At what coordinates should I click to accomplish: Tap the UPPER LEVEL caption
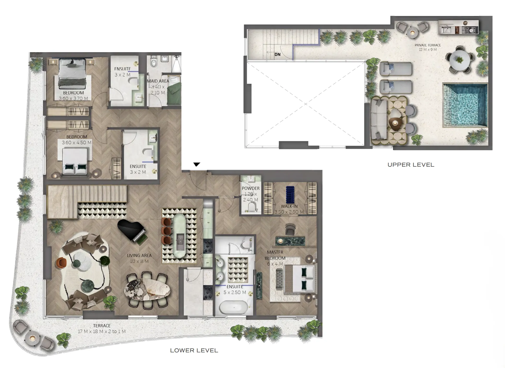coord(411,165)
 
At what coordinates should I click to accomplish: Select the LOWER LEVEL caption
coord(194,351)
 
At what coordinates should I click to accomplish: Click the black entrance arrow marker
coord(197,164)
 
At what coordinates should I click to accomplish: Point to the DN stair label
coord(277,55)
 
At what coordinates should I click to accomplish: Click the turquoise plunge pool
coord(465,105)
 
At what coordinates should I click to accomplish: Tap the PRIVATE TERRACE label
coord(427,45)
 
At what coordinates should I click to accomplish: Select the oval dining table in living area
coord(147,289)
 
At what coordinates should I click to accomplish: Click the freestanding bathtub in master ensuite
coord(234,308)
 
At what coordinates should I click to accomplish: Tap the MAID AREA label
coord(158,81)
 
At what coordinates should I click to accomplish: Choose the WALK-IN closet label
coord(289,206)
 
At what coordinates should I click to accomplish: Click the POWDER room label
coord(251,188)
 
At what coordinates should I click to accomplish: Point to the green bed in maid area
coord(174,92)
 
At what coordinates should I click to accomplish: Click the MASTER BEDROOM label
coord(275,255)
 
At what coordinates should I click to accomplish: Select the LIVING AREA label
coord(139,256)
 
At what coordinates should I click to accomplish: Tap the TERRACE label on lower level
coord(102,326)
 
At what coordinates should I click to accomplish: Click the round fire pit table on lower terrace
coord(32,338)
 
